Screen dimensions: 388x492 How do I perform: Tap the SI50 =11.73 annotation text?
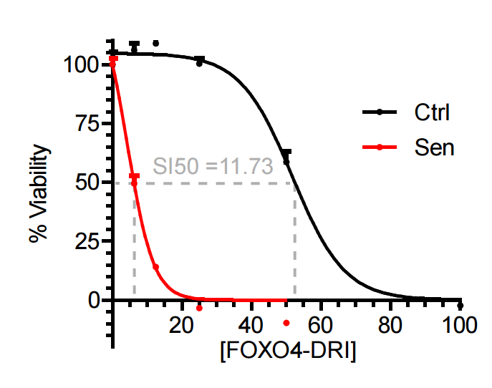(x=213, y=167)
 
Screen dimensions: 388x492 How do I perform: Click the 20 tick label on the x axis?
(x=183, y=326)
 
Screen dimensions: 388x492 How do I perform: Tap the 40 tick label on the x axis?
(x=251, y=326)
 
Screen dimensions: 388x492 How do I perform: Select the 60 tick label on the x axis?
(x=321, y=326)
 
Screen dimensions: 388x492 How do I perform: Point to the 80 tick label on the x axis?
(x=390, y=326)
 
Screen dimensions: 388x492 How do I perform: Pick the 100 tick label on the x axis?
(x=459, y=326)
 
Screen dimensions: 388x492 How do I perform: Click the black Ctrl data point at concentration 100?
(x=460, y=306)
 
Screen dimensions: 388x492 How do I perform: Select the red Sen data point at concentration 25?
(x=199, y=309)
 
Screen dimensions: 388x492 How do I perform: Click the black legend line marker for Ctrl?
(x=380, y=112)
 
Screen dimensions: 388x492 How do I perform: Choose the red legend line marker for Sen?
(x=380, y=147)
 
